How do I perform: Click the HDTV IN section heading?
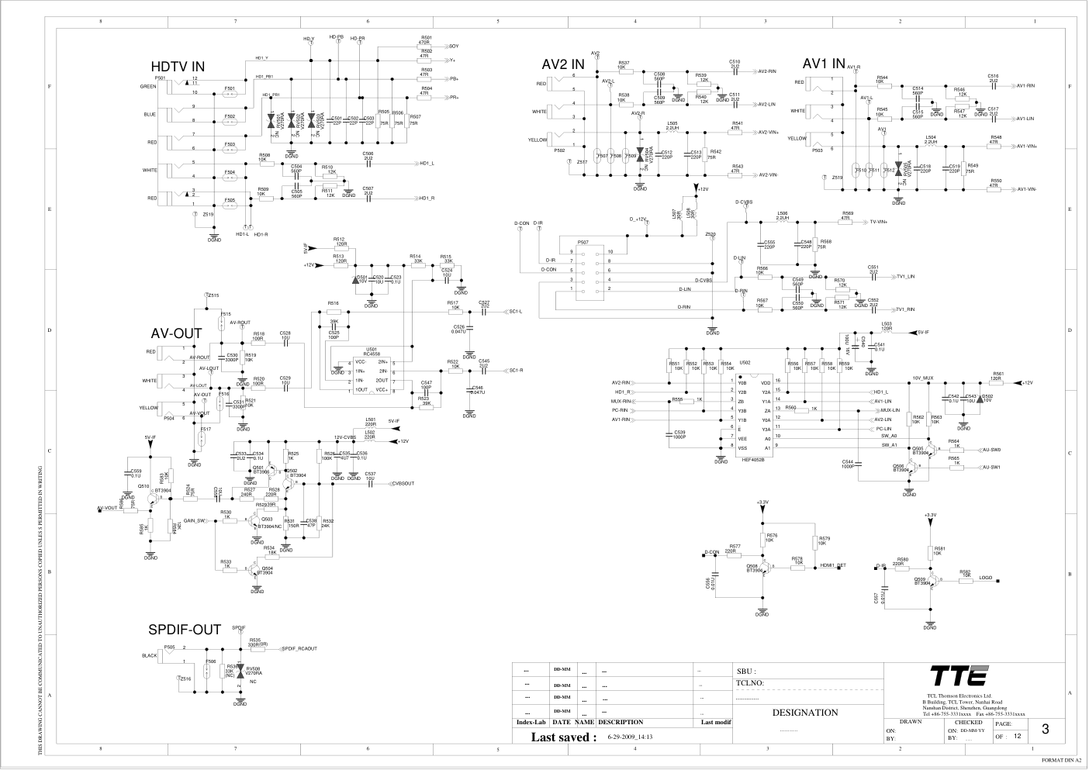[x=178, y=67]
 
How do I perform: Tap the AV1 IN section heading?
[x=824, y=63]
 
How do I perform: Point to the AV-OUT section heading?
[x=176, y=334]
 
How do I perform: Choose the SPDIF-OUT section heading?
[x=185, y=630]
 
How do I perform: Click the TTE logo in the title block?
[x=959, y=675]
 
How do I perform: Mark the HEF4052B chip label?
[x=752, y=459]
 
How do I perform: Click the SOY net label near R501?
[x=454, y=46]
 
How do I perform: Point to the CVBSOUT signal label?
[x=403, y=483]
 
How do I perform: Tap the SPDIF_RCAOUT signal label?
[x=299, y=648]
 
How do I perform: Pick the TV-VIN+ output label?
[x=878, y=221]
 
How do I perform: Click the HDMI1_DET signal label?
[x=832, y=566]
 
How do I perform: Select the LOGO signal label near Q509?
[x=985, y=578]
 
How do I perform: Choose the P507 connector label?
[x=583, y=242]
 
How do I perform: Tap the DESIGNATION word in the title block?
[x=805, y=713]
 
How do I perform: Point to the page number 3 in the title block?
[x=1046, y=729]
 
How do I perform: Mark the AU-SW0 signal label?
[x=991, y=450]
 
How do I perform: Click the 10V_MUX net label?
[x=922, y=378]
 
